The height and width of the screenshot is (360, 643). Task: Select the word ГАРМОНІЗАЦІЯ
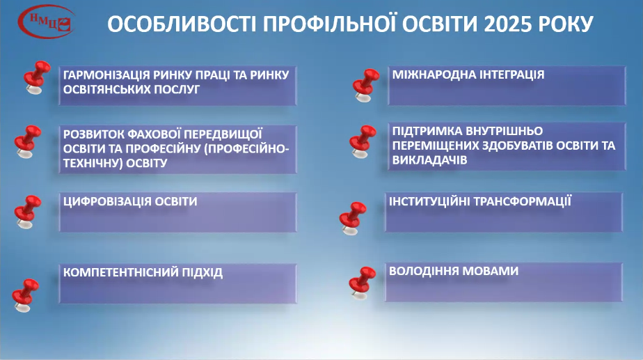pyautogui.click(x=107, y=75)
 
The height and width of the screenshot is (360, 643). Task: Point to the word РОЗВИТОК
pyautogui.click(x=91, y=133)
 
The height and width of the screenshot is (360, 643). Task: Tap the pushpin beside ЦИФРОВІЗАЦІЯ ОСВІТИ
pyautogui.click(x=29, y=210)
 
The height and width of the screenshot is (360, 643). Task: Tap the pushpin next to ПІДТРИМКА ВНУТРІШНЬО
pyautogui.click(x=363, y=141)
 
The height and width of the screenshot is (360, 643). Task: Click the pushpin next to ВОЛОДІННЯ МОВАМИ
pyautogui.click(x=361, y=282)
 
